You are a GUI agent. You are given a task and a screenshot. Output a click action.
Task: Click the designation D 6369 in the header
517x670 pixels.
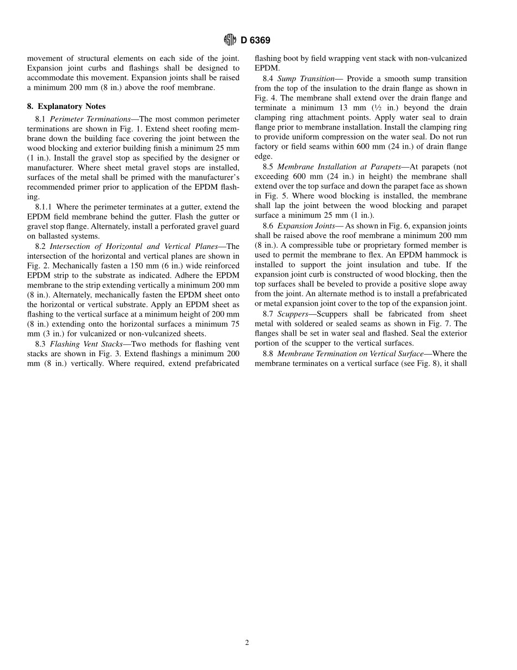(x=255, y=40)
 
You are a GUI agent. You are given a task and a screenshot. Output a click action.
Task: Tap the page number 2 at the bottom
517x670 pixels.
(x=247, y=643)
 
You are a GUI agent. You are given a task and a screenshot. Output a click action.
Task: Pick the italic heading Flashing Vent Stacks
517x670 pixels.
(x=83, y=344)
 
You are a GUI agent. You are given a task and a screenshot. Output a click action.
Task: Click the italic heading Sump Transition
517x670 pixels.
(x=306, y=78)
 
